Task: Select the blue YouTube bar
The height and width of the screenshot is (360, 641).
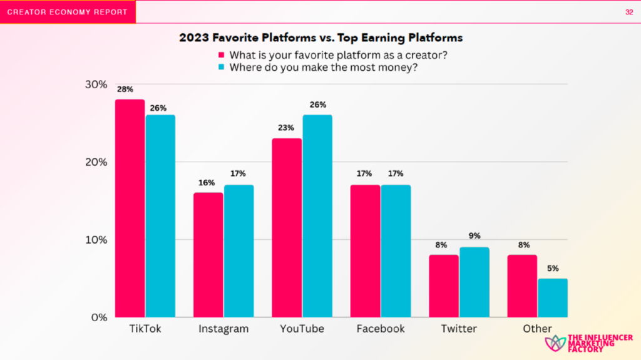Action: (x=317, y=216)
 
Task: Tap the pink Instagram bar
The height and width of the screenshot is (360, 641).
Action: (x=208, y=255)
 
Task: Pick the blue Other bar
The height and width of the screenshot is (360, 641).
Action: (x=552, y=298)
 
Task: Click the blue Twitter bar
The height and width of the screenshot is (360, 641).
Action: (x=474, y=282)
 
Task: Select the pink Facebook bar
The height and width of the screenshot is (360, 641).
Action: (x=364, y=251)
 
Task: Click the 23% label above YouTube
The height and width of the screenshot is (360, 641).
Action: (x=286, y=128)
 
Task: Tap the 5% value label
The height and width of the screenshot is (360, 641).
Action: (x=552, y=269)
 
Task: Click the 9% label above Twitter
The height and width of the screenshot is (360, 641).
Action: (x=474, y=237)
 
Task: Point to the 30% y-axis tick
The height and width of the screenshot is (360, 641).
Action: (x=96, y=85)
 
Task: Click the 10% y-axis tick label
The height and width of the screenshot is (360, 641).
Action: (x=96, y=240)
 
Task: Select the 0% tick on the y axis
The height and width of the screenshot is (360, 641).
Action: (x=99, y=317)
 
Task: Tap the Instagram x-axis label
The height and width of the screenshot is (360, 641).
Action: (x=223, y=329)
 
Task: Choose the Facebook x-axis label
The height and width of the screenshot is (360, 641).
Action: (x=381, y=329)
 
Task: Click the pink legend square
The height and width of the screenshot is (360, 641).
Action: (x=221, y=54)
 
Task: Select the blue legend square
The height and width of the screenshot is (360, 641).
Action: (x=221, y=67)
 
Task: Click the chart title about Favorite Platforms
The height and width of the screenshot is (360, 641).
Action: (x=320, y=37)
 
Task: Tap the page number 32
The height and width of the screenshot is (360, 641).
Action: (x=628, y=13)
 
